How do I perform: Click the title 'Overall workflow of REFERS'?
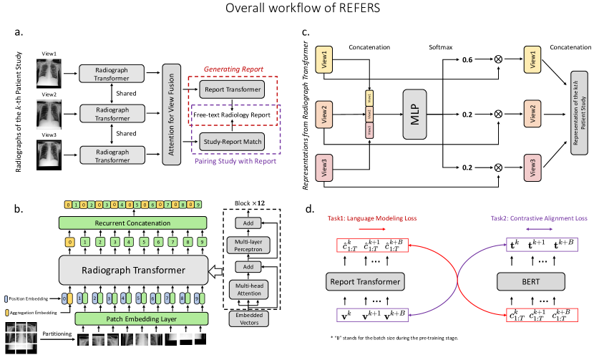pyautogui.click(x=297, y=10)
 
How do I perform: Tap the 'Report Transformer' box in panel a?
pyautogui.click(x=232, y=91)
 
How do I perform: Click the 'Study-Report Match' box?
pyautogui.click(x=232, y=141)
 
